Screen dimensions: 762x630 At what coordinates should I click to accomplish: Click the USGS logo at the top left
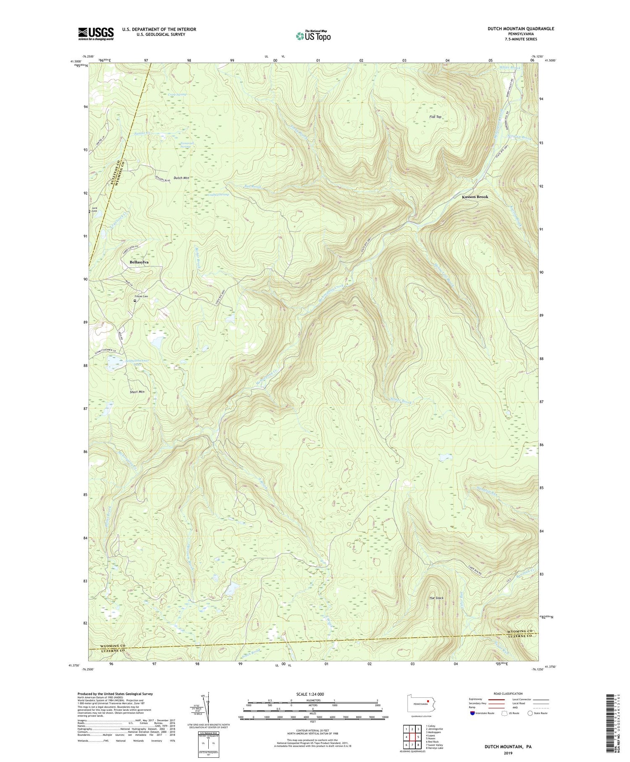click(x=96, y=34)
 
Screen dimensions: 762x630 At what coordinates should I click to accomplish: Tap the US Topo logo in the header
click(x=313, y=36)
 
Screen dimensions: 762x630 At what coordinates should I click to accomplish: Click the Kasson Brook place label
click(x=475, y=197)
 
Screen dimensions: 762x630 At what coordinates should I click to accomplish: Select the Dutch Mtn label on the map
click(x=181, y=178)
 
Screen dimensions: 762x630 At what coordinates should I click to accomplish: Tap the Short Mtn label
click(x=137, y=392)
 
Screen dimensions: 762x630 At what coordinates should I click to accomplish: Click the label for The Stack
click(x=436, y=598)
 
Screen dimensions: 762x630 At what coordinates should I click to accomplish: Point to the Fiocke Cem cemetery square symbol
click(x=135, y=301)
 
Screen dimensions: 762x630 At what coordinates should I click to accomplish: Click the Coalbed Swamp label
click(x=218, y=194)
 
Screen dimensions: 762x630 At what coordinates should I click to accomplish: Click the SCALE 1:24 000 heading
click(x=312, y=694)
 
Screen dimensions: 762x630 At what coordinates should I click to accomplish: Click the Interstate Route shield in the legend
click(x=472, y=713)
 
